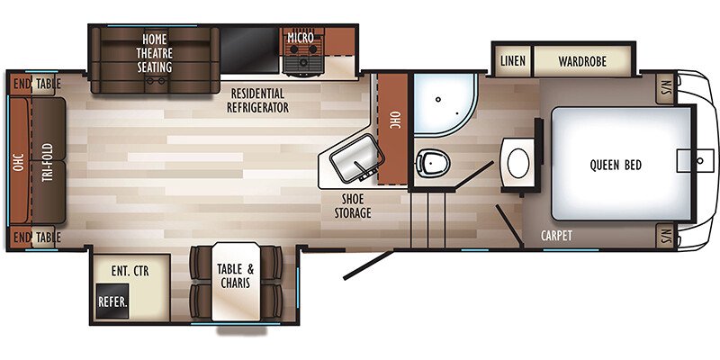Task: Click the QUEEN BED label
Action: click(x=616, y=165)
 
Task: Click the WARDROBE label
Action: click(x=582, y=61)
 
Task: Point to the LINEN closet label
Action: click(x=512, y=61)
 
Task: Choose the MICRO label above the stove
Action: click(x=301, y=37)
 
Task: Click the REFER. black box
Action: click(x=112, y=301)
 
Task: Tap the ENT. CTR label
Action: click(x=130, y=271)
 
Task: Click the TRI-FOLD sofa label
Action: click(x=47, y=163)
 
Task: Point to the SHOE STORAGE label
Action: click(x=352, y=206)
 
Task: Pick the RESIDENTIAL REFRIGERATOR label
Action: click(x=257, y=101)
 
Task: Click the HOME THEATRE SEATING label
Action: click(x=154, y=53)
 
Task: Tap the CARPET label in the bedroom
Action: click(x=556, y=236)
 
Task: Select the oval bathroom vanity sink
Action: click(x=517, y=162)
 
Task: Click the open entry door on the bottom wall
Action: click(x=368, y=265)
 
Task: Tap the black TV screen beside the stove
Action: click(x=250, y=49)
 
